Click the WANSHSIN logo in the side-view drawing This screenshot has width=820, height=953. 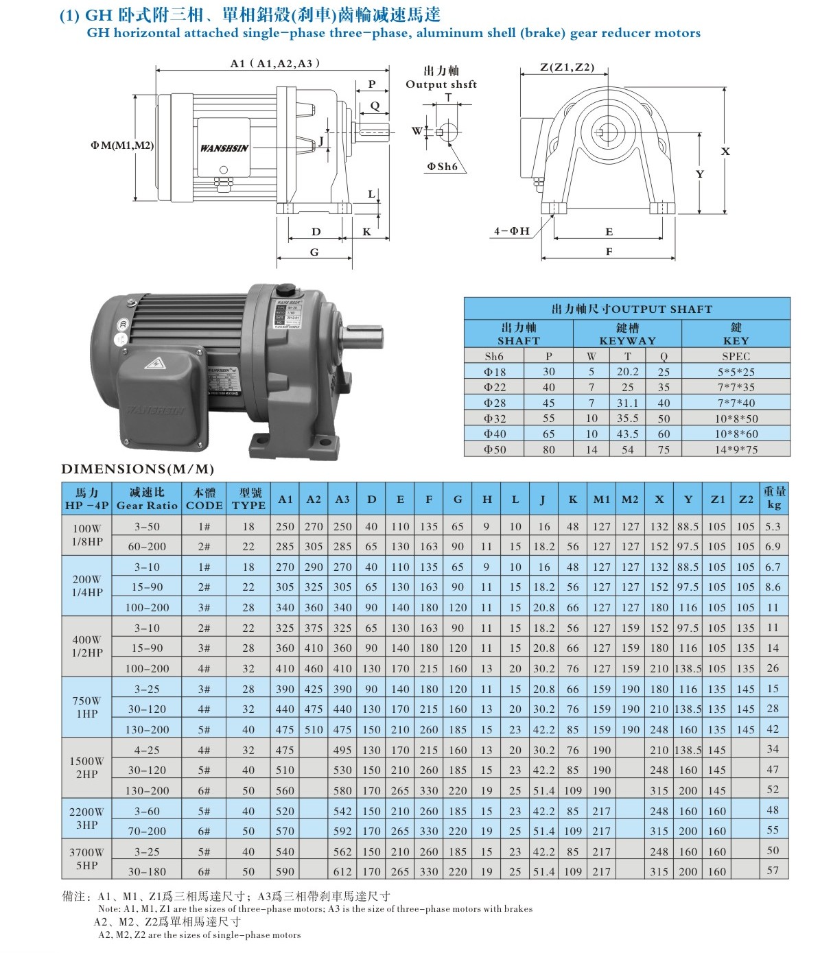pyautogui.click(x=224, y=148)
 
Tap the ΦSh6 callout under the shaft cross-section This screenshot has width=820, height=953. pyautogui.click(x=442, y=167)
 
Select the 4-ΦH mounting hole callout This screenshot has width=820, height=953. pyautogui.click(x=511, y=231)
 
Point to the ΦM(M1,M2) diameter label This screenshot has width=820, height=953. pyautogui.click(x=122, y=145)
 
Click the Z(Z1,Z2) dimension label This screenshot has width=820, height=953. pyautogui.click(x=567, y=67)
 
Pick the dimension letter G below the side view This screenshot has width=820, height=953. pyautogui.click(x=314, y=252)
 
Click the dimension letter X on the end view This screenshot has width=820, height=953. pyautogui.click(x=725, y=151)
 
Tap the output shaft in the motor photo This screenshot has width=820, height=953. pyautogui.click(x=364, y=338)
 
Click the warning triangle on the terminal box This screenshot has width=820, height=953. pyautogui.click(x=155, y=364)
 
